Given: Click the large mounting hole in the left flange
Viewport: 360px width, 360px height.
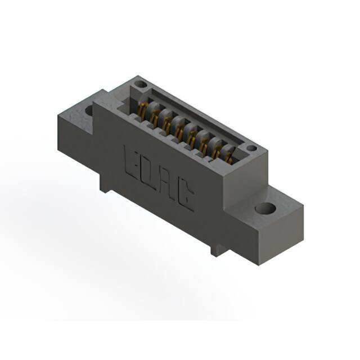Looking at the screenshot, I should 89,110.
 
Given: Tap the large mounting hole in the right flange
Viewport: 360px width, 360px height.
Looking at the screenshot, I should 265,209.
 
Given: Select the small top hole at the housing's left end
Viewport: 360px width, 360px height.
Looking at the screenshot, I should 141,85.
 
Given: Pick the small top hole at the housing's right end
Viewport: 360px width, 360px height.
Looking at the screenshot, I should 251,148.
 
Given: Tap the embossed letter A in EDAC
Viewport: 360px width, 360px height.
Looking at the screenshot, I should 167,184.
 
